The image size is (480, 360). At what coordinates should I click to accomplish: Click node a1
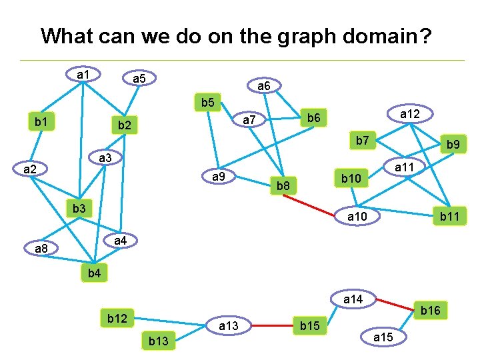coord(83,74)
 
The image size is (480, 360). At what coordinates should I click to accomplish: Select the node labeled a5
coord(139,79)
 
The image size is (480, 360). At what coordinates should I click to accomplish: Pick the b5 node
coord(207,103)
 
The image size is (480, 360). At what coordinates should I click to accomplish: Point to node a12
coord(409,114)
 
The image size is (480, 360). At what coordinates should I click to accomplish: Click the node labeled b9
coord(453,144)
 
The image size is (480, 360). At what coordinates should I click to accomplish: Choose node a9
coord(218,177)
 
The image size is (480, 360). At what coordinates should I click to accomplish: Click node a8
coord(41,249)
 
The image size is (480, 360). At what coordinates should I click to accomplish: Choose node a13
coord(228,325)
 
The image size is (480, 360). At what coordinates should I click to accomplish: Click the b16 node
coord(431,310)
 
